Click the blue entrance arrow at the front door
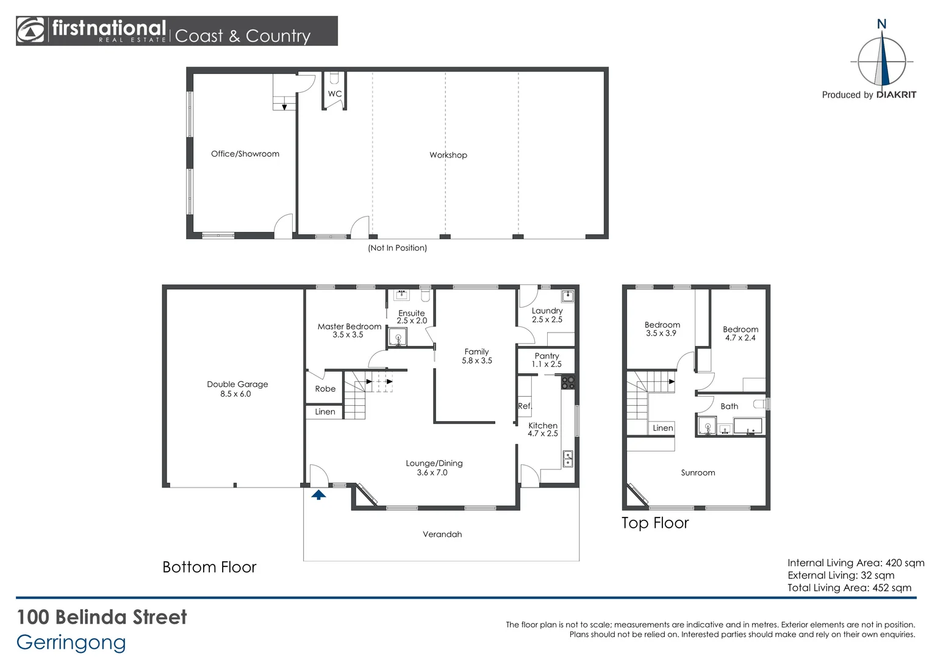[x=318, y=495]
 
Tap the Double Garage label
[x=237, y=389]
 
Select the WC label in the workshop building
[x=335, y=94]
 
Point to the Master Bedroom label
[x=349, y=330]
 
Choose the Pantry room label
[x=547, y=360]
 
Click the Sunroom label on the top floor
[x=698, y=473]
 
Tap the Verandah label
[x=442, y=535]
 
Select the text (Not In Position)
[x=397, y=248]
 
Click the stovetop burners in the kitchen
[x=568, y=383]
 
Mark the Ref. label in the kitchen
[x=525, y=406]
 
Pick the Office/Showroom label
[x=245, y=154]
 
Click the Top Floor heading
[x=655, y=523]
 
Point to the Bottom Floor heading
[x=209, y=567]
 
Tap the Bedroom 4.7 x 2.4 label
[x=740, y=333]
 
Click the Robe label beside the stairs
[x=325, y=389]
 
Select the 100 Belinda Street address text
[x=102, y=617]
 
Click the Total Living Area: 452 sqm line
[x=849, y=588]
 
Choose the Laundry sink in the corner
[x=568, y=296]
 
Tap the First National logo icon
[x=30, y=31]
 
